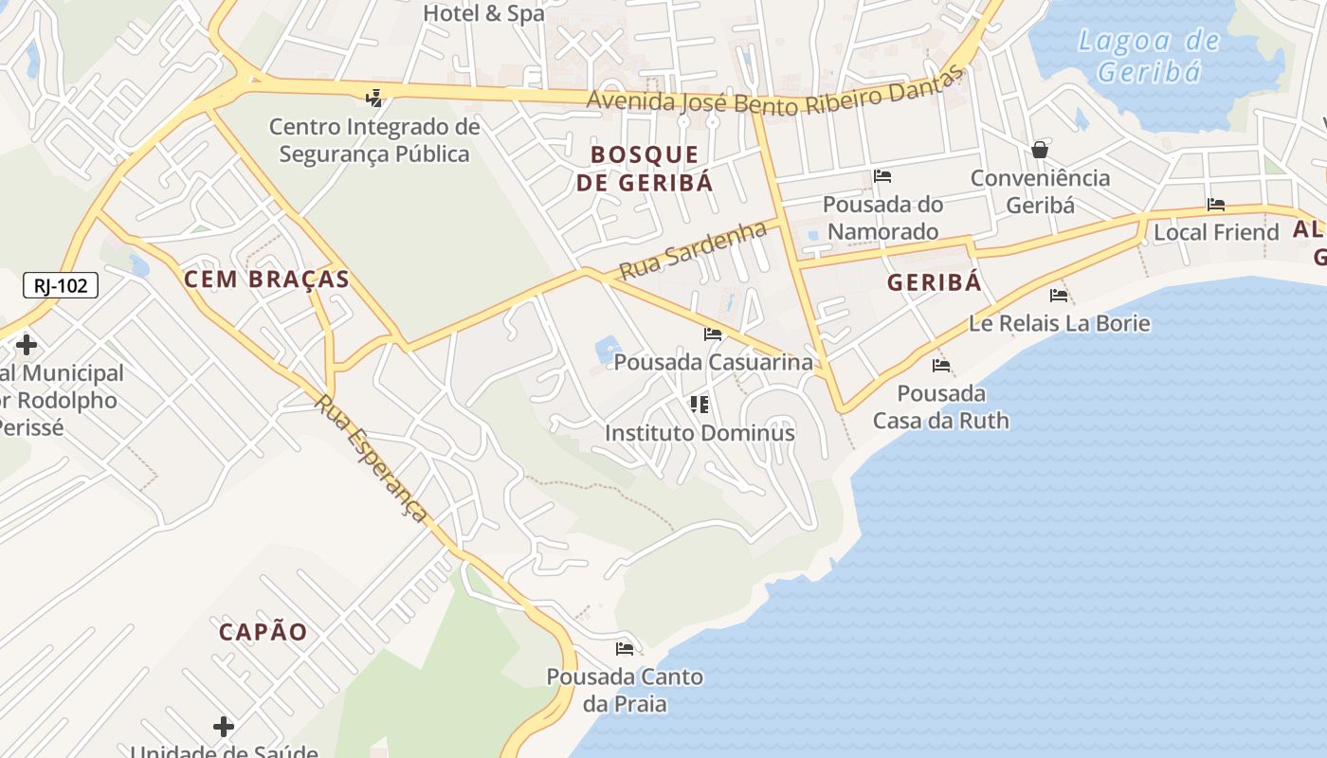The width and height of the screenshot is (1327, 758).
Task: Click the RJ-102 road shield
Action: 61,284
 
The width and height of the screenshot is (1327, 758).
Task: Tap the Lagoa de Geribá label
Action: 1149,56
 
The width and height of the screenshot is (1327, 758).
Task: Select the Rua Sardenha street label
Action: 693,251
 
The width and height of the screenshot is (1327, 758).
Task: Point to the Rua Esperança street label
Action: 372,459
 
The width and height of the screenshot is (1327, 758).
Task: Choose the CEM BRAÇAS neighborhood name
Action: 266,280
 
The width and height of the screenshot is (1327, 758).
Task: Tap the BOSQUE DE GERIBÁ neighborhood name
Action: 645,169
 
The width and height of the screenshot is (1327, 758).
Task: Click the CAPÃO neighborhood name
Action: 264,632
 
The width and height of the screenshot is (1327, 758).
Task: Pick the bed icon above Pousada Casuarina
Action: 713,334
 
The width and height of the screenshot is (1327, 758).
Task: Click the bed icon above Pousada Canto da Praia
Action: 625,649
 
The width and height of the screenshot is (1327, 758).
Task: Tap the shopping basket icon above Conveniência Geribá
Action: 1040,150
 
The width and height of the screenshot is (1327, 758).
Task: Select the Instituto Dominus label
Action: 700,433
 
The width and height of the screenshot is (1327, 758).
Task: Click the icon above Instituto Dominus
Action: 700,406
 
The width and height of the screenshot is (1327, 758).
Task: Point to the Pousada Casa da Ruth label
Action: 941,406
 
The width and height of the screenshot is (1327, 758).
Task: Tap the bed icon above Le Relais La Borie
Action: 1059,296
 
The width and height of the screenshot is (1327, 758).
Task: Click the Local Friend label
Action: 1216,232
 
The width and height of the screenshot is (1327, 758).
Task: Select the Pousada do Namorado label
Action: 882,218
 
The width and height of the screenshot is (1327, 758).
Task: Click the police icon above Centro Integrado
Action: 374,97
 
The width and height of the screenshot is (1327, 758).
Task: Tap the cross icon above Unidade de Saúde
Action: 224,727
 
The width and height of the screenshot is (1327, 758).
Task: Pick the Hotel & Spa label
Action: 483,13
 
